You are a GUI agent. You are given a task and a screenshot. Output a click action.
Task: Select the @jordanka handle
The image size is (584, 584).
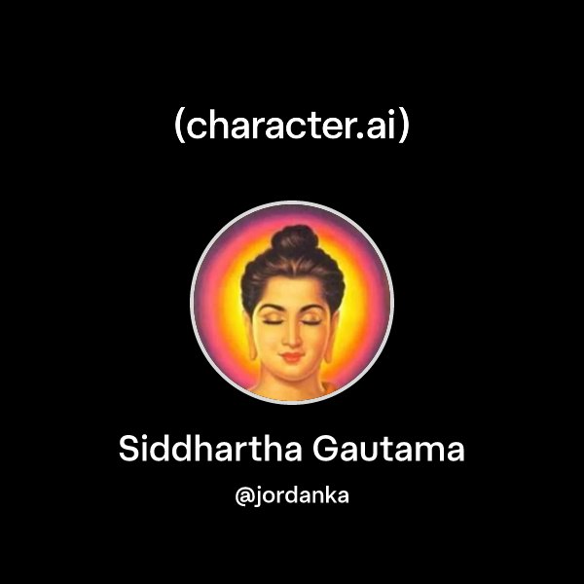(292, 495)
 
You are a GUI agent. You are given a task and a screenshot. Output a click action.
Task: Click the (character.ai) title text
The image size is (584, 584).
(292, 127)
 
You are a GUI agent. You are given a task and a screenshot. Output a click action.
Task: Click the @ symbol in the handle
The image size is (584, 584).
(243, 495)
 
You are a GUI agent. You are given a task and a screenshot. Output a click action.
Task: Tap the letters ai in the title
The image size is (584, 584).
(380, 127)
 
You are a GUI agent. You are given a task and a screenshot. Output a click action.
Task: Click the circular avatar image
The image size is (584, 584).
(292, 303)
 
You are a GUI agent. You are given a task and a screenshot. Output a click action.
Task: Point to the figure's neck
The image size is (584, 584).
(291, 380)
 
